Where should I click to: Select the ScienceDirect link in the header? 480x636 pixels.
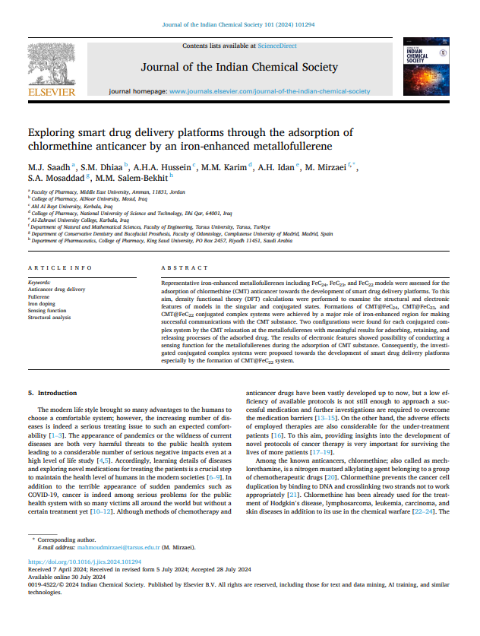click(x=277, y=46)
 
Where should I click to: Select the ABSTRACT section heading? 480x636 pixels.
click(x=185, y=268)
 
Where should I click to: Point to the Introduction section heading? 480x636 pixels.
click(x=58, y=393)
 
